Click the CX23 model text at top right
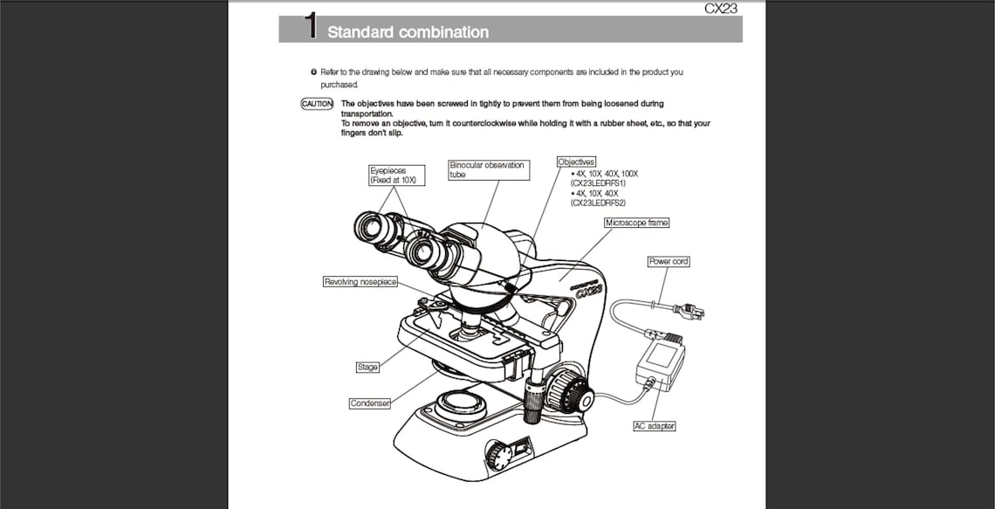pos(721,9)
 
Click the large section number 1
pos(310,26)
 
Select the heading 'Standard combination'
pos(408,32)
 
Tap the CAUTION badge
pos(317,104)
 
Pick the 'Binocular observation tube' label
pos(488,169)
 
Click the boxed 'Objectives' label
pos(576,162)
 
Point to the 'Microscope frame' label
pos(637,223)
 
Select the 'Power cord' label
pos(669,261)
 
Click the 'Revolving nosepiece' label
pos(360,282)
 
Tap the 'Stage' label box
pos(367,367)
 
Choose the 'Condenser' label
pos(369,403)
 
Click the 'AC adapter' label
pos(655,426)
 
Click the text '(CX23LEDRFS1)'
pos(599,183)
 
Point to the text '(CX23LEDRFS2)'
pos(599,203)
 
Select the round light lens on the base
pos(462,402)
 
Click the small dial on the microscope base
pos(498,455)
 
